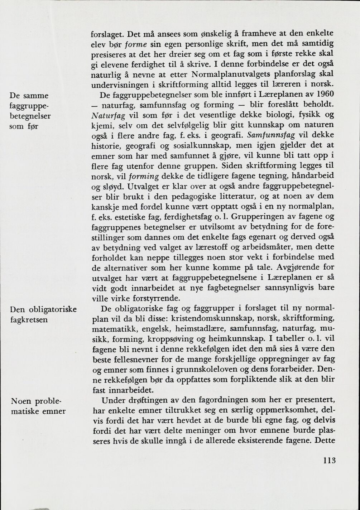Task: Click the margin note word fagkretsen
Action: (x=29, y=319)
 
